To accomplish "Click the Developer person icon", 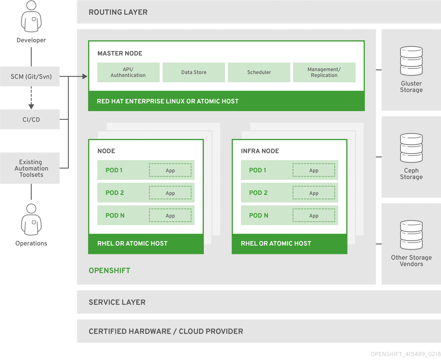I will point(31,17).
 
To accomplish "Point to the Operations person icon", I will point(31,220).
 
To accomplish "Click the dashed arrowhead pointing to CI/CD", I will point(31,106).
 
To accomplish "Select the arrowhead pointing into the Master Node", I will point(85,77).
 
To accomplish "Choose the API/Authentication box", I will point(128,73).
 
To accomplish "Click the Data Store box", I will point(194,73).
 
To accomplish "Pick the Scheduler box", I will point(259,73).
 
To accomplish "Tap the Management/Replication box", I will point(324,73).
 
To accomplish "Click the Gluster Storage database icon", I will point(411,61).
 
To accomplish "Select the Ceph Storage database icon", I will point(411,148).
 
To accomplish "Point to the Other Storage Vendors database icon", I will point(411,235).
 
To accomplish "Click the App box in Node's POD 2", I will point(170,193).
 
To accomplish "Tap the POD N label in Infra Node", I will point(259,216).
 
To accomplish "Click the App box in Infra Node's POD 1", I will point(314,170).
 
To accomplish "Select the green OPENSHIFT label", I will point(109,271).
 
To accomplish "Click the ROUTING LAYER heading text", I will point(118,12).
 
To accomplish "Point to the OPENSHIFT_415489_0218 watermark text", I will point(406,354).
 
